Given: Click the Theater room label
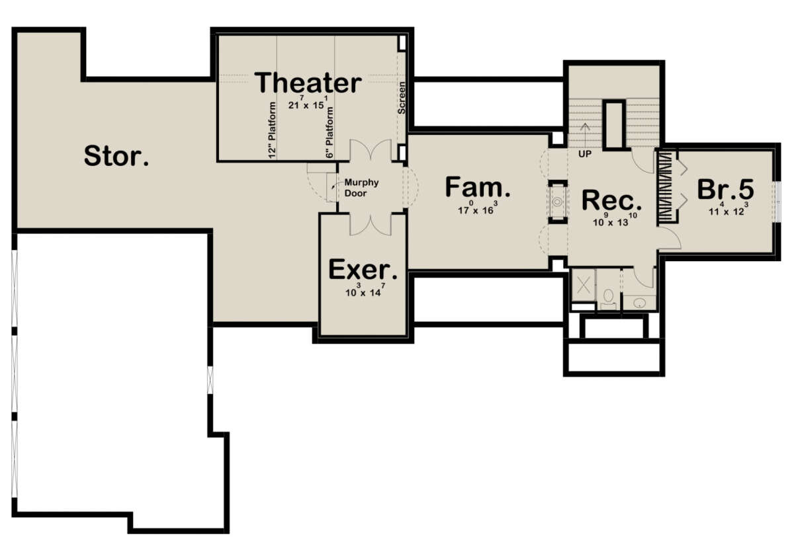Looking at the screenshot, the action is click(x=308, y=83).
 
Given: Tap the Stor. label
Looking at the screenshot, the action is click(x=116, y=156).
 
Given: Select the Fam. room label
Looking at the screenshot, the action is click(x=478, y=186).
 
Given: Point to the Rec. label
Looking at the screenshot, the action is click(x=611, y=200).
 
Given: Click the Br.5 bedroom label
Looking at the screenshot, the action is click(x=726, y=189).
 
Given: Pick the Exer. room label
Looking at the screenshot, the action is click(x=363, y=269).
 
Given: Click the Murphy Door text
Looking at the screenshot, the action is click(x=361, y=188).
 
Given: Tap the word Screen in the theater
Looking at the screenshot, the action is click(x=401, y=98).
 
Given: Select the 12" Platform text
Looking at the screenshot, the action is click(x=272, y=130).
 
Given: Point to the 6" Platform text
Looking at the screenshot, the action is click(x=330, y=133).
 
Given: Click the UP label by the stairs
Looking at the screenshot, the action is click(x=585, y=154).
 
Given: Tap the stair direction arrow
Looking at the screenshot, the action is click(x=585, y=135).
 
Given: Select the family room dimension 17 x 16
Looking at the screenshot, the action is click(x=477, y=208).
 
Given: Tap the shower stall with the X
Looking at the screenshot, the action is click(x=584, y=285).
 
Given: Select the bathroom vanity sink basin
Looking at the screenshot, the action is click(x=639, y=303).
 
